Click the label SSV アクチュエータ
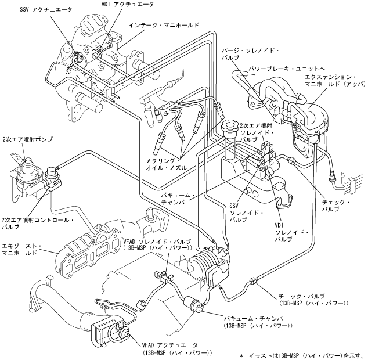pos(46,10)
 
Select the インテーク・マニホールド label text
pos(164,25)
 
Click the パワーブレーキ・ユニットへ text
pos(287,69)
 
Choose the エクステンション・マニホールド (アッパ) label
pos(335,81)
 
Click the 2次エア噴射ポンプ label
pos(27,139)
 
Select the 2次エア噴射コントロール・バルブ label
pos(38,224)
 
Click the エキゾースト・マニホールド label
pos(21,249)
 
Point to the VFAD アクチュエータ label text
pos(177,349)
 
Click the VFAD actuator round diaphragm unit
pos(121,332)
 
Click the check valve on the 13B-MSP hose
pos(254,280)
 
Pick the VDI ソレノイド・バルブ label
pos(292,232)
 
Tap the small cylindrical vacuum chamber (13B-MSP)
pos(193,304)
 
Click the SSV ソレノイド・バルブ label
pos(246,213)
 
